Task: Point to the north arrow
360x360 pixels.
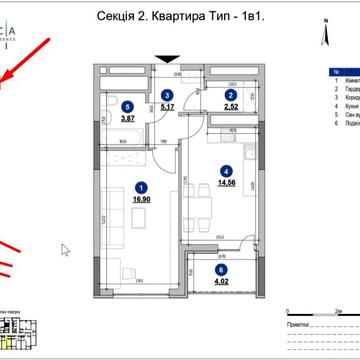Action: [325, 38]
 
